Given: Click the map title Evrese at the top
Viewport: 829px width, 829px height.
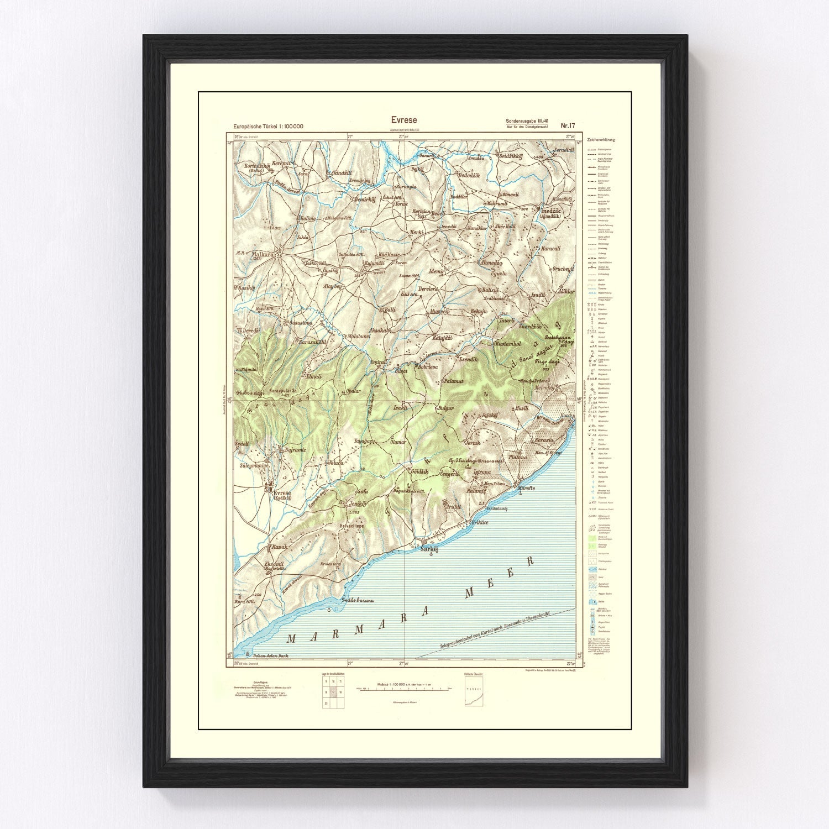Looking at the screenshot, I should tap(404, 120).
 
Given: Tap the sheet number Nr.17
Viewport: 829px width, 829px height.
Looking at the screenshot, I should tap(567, 125).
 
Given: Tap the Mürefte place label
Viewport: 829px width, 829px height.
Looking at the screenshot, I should tap(528, 489).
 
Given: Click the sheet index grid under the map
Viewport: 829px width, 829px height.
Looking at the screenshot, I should tap(333, 691).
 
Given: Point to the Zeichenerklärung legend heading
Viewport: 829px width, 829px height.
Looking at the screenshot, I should tap(602, 140).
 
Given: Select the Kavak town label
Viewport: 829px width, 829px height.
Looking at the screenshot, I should tap(277, 547).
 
